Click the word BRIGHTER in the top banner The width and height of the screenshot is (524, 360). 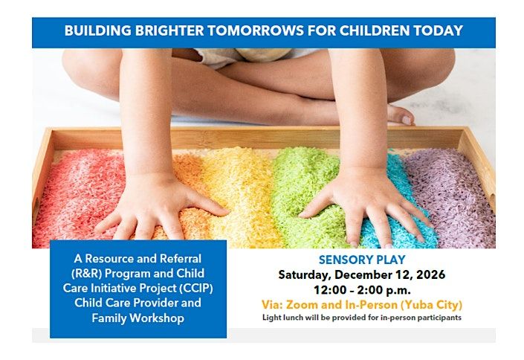point(169,30)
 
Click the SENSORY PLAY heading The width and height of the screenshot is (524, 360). point(362,260)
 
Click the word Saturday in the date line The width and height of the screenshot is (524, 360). point(305,275)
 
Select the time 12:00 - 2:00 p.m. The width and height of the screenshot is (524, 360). point(362,290)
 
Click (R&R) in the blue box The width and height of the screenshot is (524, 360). point(86,273)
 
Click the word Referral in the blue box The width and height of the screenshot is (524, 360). point(181,259)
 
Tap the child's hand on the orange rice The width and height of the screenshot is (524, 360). point(160,208)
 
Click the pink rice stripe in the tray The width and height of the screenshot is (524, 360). point(77,197)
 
